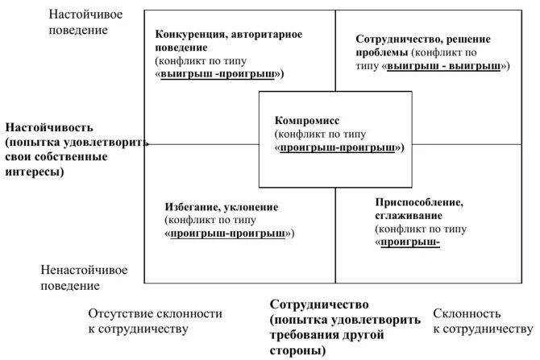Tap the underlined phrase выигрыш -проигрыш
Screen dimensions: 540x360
coord(220,73)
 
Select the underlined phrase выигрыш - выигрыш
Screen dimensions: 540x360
coord(444,66)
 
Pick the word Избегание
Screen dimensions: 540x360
coord(191,207)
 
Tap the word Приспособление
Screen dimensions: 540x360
coord(417,201)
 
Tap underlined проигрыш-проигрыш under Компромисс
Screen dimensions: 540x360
coord(339,148)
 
